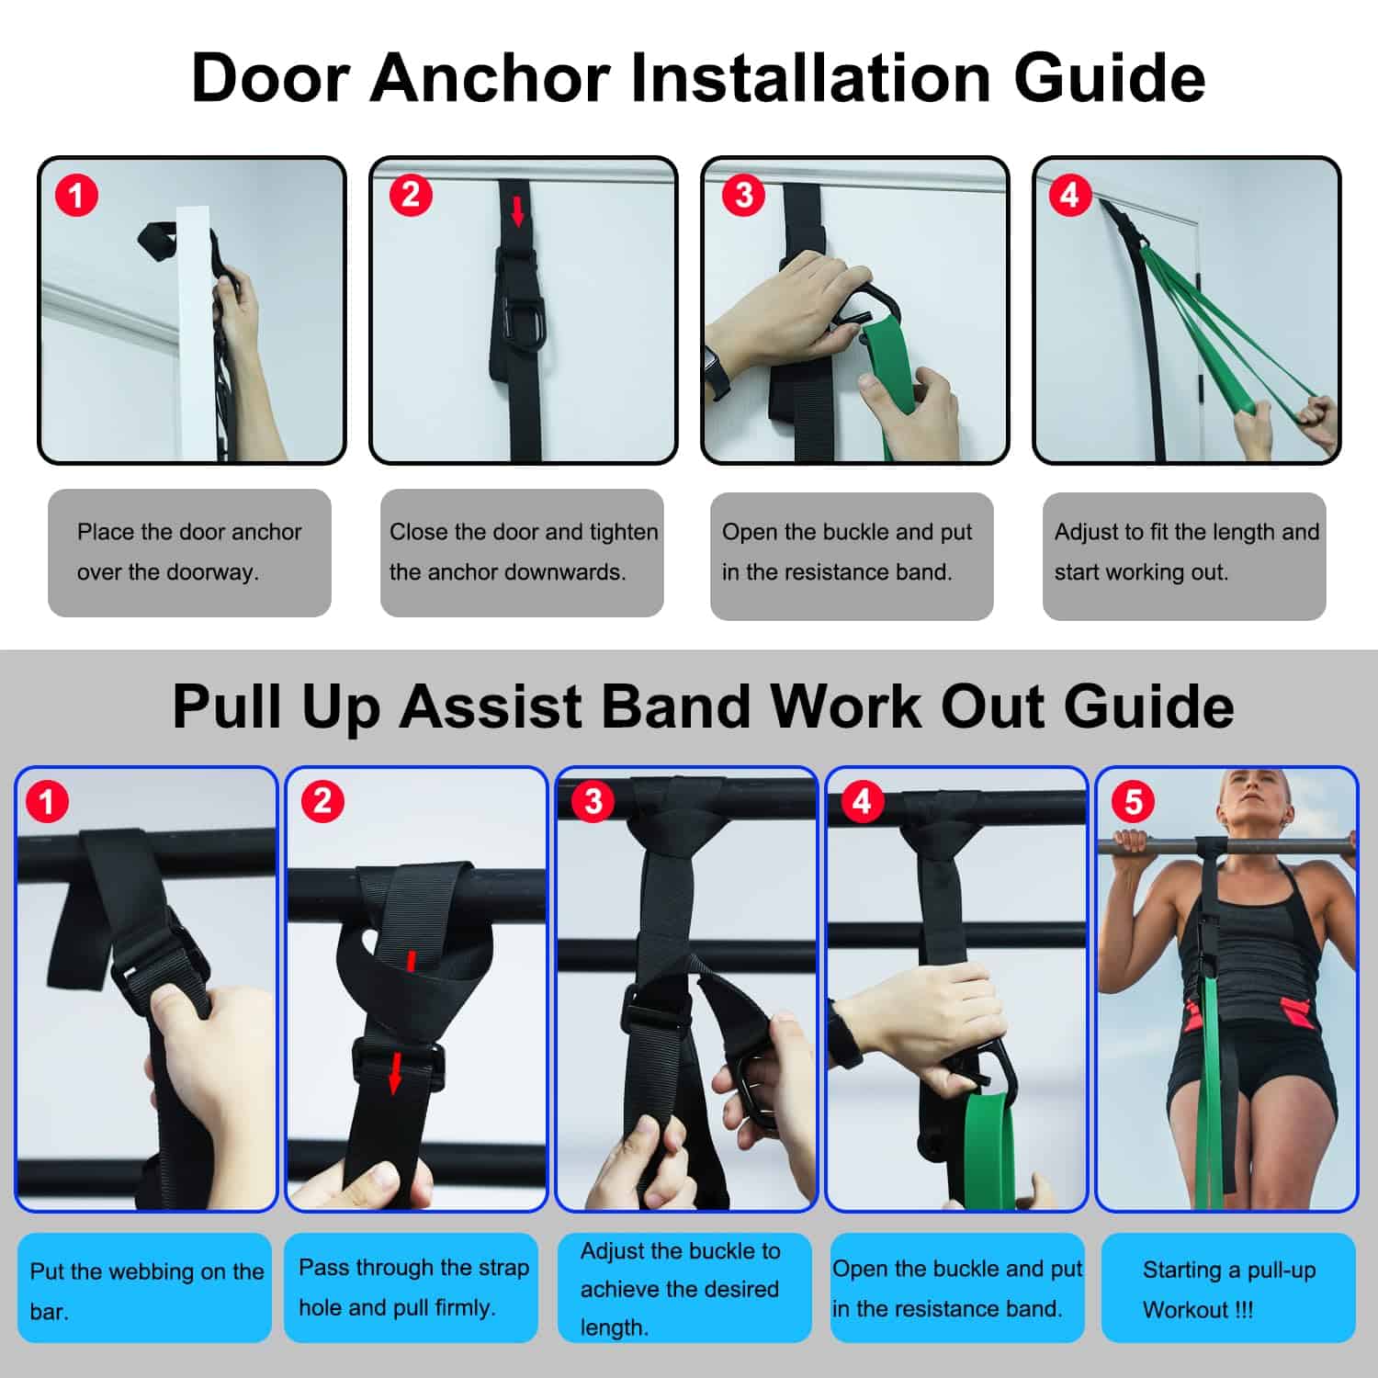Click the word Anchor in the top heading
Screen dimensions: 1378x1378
click(491, 77)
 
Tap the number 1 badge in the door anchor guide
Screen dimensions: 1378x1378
click(76, 196)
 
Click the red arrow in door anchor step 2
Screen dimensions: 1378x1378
click(518, 210)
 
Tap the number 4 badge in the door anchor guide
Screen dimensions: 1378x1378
click(1070, 195)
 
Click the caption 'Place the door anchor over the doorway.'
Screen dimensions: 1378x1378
click(189, 551)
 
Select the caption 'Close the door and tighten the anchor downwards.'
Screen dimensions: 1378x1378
click(524, 551)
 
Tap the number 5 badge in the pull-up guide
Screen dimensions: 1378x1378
click(1134, 801)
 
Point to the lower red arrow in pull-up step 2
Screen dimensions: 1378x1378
click(395, 1073)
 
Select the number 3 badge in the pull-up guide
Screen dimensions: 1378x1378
click(593, 801)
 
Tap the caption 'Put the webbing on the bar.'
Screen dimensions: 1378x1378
click(147, 1291)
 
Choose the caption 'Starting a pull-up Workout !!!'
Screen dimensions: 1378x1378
click(1229, 1290)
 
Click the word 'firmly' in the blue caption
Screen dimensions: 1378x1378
click(465, 1308)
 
